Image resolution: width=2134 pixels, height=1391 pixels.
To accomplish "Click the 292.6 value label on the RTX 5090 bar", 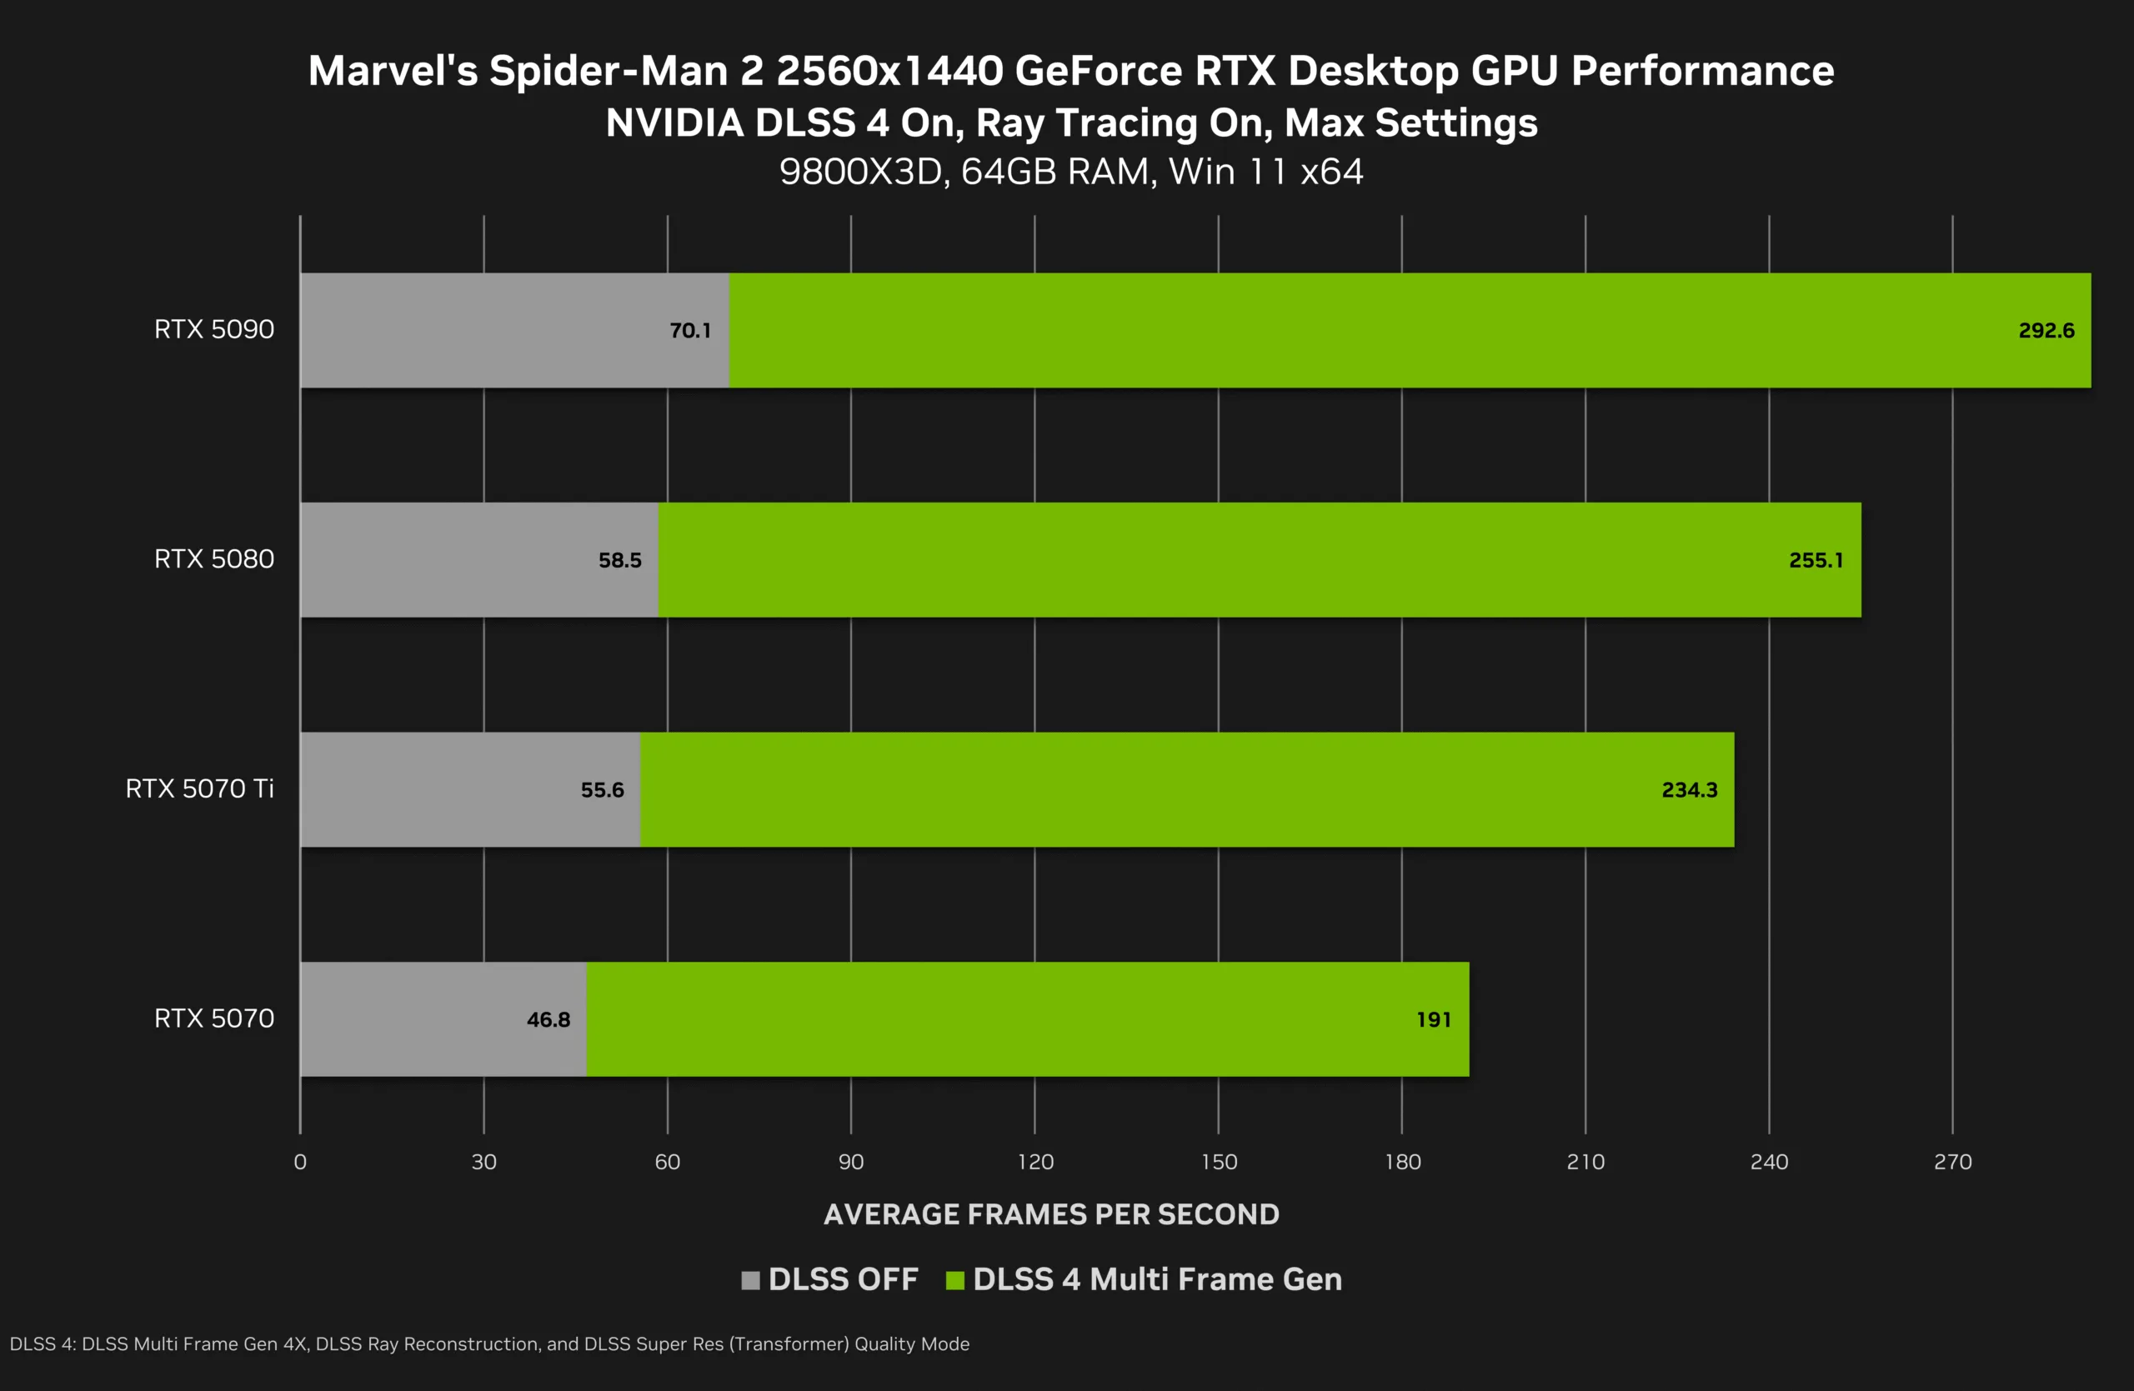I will point(2046,331).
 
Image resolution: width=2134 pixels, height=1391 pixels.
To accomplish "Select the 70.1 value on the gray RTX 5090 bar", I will point(690,331).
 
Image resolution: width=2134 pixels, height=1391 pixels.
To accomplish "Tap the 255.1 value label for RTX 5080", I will point(1816,560).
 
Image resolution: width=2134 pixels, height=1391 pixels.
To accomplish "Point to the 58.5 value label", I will point(619,560).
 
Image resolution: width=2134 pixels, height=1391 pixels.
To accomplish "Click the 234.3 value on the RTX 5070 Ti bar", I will point(1689,789).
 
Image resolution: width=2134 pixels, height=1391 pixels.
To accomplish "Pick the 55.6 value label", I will point(602,789).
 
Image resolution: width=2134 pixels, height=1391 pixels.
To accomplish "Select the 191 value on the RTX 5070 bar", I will point(1433,1019).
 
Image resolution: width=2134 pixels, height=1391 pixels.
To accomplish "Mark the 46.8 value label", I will point(548,1019).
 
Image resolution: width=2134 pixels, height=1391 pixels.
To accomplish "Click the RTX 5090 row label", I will point(214,330).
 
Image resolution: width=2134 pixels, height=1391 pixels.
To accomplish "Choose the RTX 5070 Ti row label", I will point(199,788).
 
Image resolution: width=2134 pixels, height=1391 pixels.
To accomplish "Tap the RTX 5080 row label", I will point(214,559).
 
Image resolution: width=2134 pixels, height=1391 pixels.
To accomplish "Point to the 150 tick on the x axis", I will point(1219,1162).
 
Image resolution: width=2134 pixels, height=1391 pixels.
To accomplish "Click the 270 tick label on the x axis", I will point(1952,1162).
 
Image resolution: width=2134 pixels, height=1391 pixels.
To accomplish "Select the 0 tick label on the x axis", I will point(300,1162).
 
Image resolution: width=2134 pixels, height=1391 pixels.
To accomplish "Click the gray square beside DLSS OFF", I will point(750,1280).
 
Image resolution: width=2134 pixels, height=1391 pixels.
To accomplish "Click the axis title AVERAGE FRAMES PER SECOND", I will point(1051,1214).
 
